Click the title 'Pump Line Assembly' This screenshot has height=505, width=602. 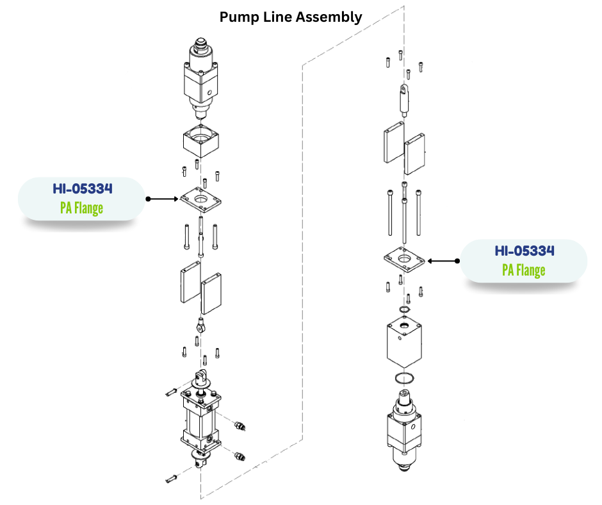pos(291,17)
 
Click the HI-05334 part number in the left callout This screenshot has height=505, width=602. pos(83,189)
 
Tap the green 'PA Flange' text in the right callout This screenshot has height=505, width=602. pos(523,270)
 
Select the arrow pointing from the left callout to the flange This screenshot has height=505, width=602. pos(163,199)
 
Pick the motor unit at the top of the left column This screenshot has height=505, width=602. pos(202,79)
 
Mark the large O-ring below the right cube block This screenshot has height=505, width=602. pos(404,378)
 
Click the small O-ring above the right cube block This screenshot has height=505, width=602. pos(404,311)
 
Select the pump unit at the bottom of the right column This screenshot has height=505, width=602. pos(404,429)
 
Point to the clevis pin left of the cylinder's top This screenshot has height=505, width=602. pos(170,390)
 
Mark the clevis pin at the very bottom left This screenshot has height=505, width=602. pos(170,477)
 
